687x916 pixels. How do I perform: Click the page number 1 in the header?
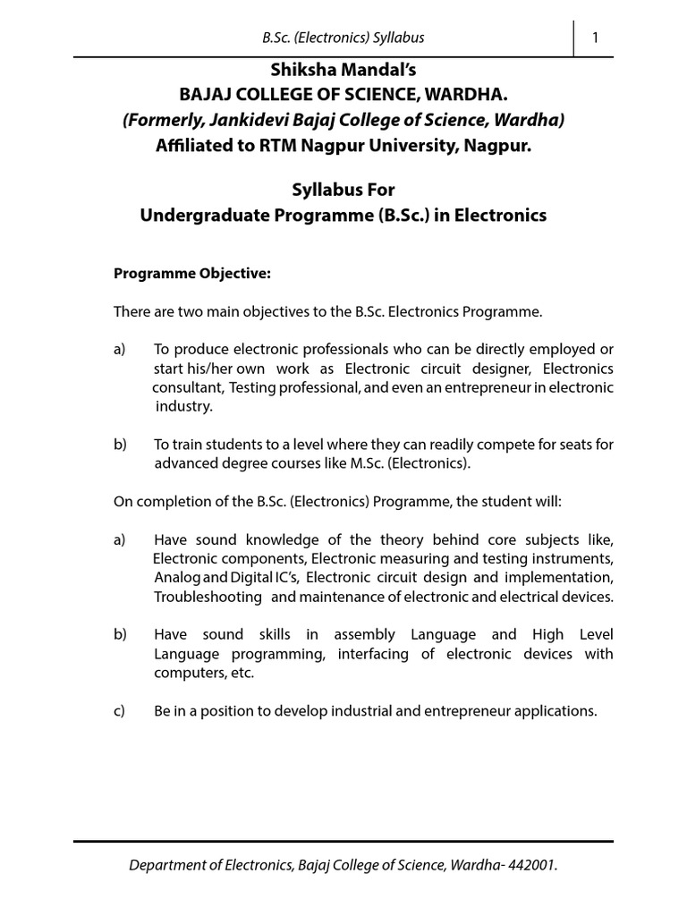pos(595,37)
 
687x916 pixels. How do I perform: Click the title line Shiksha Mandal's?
pos(343,71)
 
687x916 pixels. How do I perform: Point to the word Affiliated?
pos(192,146)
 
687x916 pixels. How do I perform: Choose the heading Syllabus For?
pos(343,191)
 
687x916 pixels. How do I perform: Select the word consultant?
pos(187,387)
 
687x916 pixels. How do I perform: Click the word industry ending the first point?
pos(184,406)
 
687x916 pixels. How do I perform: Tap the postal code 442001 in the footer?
pos(536,865)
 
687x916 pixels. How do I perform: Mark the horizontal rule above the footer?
pos(343,842)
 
